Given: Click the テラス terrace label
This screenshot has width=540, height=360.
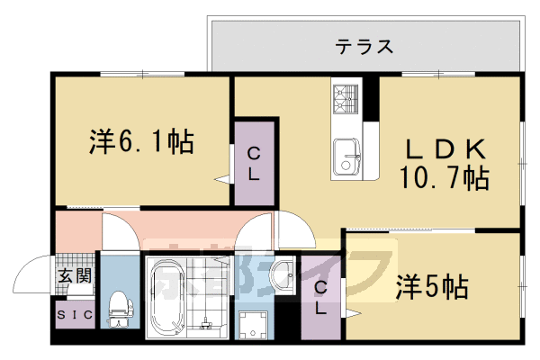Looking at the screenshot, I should point(365,47).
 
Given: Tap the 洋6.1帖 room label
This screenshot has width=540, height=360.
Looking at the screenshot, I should point(142,141).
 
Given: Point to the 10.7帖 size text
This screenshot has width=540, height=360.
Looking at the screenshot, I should point(444,177).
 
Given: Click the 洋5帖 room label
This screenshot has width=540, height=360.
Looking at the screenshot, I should point(432,288).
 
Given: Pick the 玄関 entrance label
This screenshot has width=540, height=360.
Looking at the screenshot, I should point(75,275).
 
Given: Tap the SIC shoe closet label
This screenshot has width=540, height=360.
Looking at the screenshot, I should point(73,315).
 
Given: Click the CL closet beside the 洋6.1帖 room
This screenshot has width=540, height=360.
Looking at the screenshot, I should point(255,163).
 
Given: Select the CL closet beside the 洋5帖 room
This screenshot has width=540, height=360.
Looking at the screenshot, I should point(320,296).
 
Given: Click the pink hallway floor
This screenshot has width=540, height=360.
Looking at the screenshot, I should point(180,225).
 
